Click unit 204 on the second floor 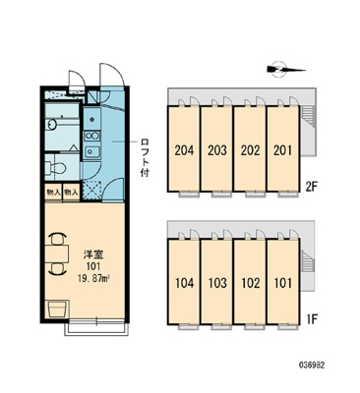pos(184,149)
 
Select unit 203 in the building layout pos(216,149)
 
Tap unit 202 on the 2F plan pos(250,149)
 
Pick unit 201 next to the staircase pos(283,149)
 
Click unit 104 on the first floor pos(184,282)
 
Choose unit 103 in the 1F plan pos(216,282)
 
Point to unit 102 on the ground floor pos(250,282)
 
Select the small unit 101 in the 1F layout pos(283,282)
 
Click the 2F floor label pos(312,187)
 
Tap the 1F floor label pos(312,318)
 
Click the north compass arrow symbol pos(284,70)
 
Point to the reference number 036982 pos(312,365)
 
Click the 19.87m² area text pos(92,279)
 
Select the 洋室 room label pos(92,254)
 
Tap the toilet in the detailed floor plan pos(57,169)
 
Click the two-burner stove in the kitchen pos(92,136)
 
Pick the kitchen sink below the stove pos(92,151)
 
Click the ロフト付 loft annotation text pos(145,157)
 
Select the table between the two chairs pos(57,253)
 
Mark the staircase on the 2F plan pos(308,117)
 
